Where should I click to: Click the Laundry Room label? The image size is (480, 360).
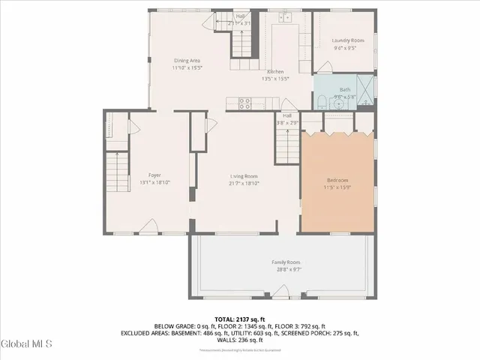click(x=347, y=40)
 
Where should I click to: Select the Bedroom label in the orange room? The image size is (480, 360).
click(x=337, y=180)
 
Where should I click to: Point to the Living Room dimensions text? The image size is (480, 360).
click(x=244, y=182)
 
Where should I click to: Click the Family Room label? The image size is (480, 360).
click(x=286, y=261)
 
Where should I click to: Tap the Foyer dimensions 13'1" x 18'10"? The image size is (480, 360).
click(x=154, y=182)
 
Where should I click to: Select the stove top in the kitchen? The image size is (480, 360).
click(x=244, y=103)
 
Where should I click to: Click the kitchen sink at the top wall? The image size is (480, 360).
click(x=286, y=16)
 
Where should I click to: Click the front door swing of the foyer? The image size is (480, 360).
click(x=150, y=225)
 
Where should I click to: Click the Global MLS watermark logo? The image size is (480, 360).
click(x=26, y=344)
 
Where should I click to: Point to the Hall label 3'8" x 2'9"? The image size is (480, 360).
click(x=287, y=118)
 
